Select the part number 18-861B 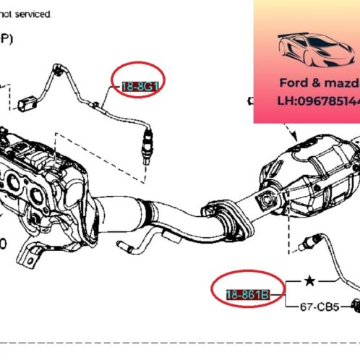(249, 294)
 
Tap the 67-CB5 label (320, 305)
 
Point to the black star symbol (309, 280)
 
